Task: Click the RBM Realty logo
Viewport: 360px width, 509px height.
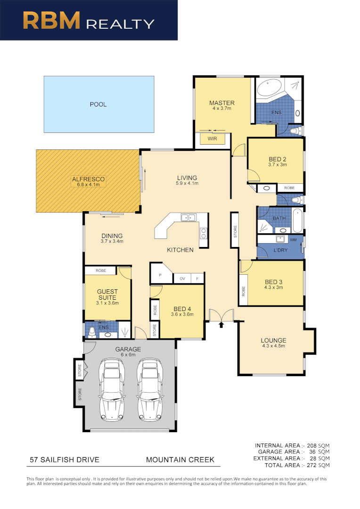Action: [89, 20]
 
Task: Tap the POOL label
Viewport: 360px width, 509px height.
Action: [98, 104]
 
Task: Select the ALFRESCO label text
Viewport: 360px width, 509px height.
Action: [88, 179]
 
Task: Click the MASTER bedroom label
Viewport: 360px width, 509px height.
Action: [221, 103]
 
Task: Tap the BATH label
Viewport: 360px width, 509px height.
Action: [279, 218]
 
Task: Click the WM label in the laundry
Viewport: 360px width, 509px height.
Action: [294, 240]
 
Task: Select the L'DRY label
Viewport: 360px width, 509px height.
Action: [280, 250]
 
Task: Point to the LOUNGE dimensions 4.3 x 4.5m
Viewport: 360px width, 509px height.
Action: [273, 346]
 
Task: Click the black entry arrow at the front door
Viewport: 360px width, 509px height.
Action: [221, 324]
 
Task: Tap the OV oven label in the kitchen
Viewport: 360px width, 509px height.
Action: [182, 279]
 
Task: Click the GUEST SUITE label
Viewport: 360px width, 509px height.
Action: [107, 294]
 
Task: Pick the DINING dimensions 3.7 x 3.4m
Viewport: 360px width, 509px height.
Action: [112, 242]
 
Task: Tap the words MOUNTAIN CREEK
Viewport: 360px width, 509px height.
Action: [180, 460]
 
